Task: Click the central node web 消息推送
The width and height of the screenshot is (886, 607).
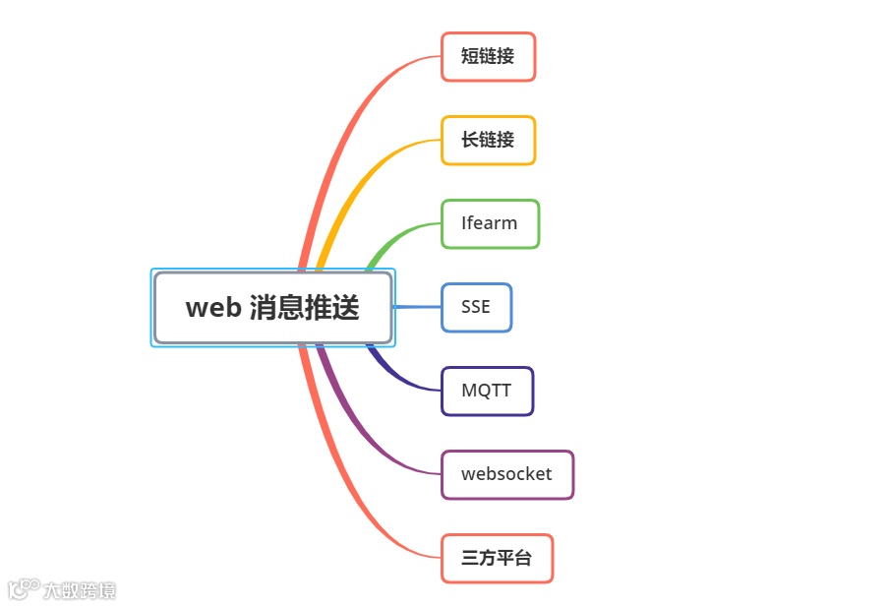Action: coord(273,308)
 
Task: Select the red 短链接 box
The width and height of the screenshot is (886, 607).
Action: coord(488,57)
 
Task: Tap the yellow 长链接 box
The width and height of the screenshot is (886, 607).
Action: coord(488,141)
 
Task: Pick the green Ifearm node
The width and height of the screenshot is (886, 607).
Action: coord(490,224)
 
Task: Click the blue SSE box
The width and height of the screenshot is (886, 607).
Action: coord(476,308)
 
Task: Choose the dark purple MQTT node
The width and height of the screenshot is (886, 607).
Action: coord(487,392)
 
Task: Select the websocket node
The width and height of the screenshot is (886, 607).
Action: coord(506,475)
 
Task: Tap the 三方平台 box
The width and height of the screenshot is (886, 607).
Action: coord(497,559)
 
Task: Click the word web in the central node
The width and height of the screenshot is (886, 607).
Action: coord(213,308)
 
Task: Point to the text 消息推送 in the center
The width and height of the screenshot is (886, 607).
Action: coord(304,308)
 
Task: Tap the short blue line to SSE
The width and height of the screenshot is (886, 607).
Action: coord(417,307)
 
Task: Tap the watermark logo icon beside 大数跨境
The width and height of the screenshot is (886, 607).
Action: coord(24,588)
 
